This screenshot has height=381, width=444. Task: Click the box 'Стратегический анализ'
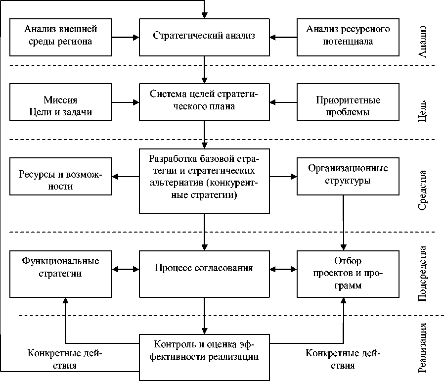coord(204,37)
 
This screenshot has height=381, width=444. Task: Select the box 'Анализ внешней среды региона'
coord(61,37)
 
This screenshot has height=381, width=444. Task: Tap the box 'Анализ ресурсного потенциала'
coord(348,37)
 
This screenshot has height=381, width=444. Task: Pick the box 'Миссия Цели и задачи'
coord(61,102)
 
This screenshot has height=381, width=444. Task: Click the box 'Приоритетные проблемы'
coord(348,102)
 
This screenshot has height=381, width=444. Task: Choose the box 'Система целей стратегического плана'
coord(204,102)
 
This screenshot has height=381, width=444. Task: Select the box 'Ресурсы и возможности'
coord(61,176)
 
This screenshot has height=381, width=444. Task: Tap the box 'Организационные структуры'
coord(348,176)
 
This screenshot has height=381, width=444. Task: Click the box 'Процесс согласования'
coord(204,274)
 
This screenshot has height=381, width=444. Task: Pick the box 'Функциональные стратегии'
coord(61,274)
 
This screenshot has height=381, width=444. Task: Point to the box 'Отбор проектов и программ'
coord(348,274)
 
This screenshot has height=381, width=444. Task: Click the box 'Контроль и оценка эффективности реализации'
coord(204,357)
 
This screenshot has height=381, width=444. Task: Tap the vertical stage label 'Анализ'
coord(422,42)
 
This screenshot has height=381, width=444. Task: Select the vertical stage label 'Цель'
coord(422,111)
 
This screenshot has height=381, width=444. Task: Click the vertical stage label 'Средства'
coord(422,190)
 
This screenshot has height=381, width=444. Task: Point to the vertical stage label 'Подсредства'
coord(422,274)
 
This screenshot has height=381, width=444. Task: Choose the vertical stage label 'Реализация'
coord(422,347)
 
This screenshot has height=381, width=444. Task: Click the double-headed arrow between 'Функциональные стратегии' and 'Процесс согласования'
coord(126,269)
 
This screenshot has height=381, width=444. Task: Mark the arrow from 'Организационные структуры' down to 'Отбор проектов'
coord(344,223)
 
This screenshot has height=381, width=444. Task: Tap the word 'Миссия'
coord(60,100)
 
